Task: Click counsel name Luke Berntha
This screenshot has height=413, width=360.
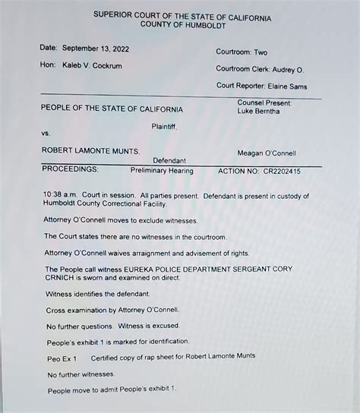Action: tap(258, 112)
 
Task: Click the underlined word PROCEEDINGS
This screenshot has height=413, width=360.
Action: tap(70, 171)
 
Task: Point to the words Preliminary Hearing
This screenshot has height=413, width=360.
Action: tap(162, 172)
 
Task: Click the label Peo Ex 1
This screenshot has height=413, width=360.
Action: tap(62, 358)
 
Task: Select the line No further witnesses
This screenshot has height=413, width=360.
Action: tap(81, 374)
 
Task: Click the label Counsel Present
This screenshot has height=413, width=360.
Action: tap(264, 102)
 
